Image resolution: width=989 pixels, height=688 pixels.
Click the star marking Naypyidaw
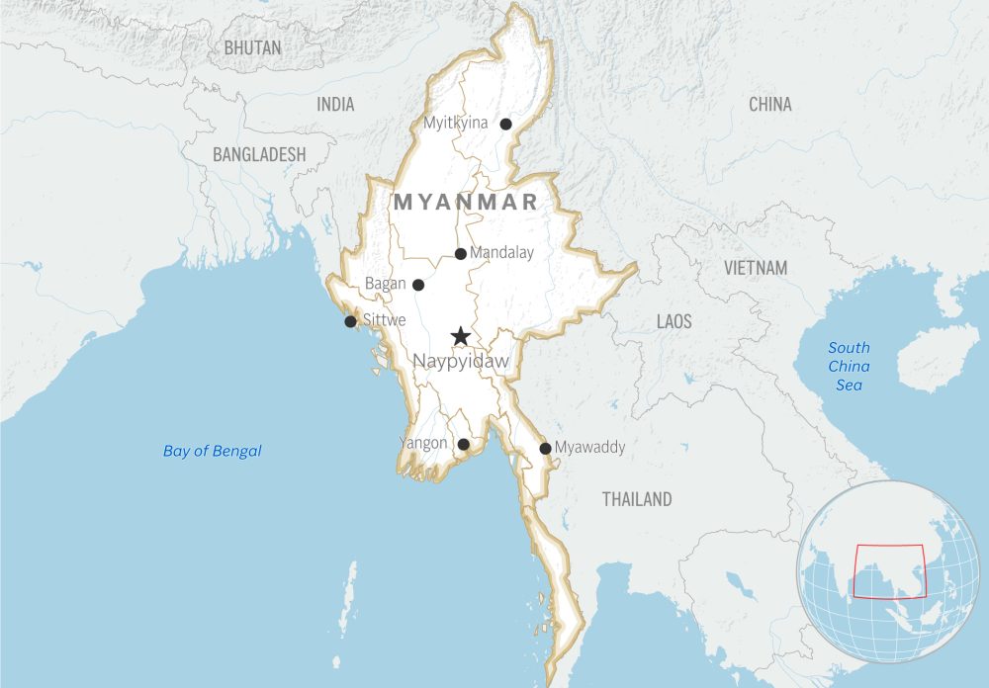pos(460,337)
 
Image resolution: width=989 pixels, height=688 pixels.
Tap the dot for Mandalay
pos(461,254)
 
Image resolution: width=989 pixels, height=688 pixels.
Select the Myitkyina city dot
pos(505,125)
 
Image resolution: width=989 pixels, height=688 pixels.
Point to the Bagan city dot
pos(418,285)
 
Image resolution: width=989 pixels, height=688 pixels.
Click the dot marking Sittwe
pos(350,321)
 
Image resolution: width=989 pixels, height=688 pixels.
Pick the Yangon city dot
pos(463,445)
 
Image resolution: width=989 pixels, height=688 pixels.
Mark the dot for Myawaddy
pos(545,449)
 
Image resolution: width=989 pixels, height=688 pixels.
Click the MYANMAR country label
pos(467,203)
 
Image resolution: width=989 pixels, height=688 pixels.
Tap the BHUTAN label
pos(252,47)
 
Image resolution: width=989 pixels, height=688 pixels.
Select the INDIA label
pos(335,105)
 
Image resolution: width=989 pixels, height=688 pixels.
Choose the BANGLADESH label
pos(259,155)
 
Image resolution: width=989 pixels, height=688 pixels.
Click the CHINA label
pos(769,105)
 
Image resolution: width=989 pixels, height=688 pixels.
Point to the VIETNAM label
pos(756,268)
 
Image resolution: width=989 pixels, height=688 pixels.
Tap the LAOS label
pos(674,322)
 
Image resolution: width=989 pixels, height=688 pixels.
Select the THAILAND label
pos(637,499)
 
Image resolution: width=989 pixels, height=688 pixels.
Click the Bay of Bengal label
pos(213,452)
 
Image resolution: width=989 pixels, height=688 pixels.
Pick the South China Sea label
pos(849,366)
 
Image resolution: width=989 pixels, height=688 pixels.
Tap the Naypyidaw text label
pos(460,362)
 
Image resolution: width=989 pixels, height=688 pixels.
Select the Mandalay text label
pos(501,253)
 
